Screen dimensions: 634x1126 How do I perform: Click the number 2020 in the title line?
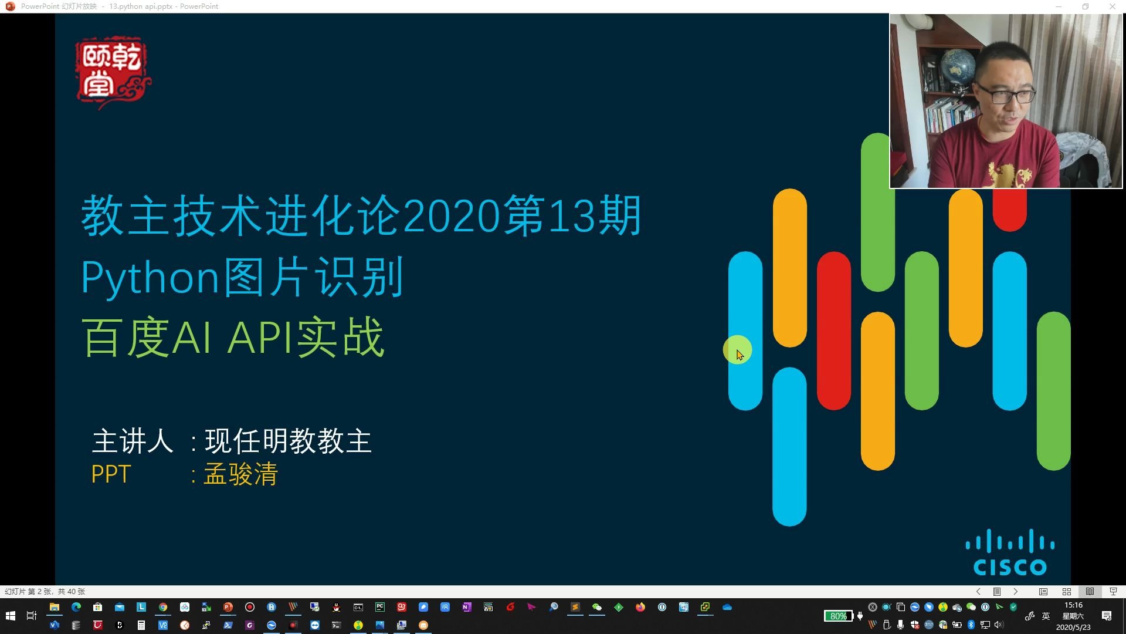[x=452, y=217]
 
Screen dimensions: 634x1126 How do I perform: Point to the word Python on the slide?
[x=150, y=277]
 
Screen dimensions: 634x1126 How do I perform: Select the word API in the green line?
[x=261, y=338]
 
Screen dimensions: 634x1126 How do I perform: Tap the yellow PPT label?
[x=111, y=474]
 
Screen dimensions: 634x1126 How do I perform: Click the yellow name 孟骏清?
[x=240, y=474]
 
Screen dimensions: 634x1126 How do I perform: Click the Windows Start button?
[x=10, y=616]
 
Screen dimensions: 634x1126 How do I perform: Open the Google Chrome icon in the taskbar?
[x=163, y=608]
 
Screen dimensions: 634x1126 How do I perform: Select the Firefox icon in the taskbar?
[x=640, y=608]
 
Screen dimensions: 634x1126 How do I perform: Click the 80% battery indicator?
[x=838, y=616]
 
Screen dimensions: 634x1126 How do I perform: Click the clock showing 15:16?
[x=1073, y=605]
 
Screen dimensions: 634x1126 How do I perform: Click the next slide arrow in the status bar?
[x=1016, y=592]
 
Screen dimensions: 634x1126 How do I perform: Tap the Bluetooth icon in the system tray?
[x=971, y=625]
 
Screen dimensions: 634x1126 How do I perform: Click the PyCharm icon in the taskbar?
[x=380, y=608]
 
